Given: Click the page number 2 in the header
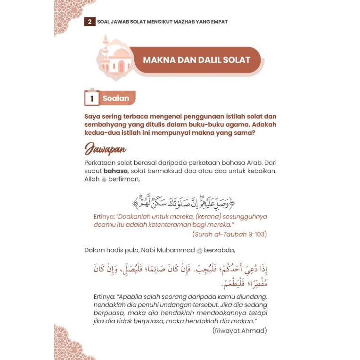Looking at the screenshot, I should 90,22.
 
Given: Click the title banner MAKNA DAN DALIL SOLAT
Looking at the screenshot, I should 196,60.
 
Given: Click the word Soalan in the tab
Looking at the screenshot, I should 115,98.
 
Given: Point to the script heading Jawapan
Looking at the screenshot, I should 106,149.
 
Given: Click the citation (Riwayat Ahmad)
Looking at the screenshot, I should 240,330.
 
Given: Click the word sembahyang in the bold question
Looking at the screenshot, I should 107,124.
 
